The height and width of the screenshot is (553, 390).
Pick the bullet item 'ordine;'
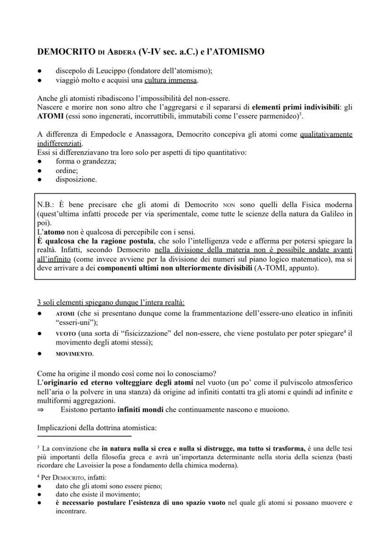coord(66,170)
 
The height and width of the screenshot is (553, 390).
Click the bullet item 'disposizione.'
coord(76,179)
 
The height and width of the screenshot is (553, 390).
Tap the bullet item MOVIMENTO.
coord(74,354)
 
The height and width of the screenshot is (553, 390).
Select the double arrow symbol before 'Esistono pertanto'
coord(41,410)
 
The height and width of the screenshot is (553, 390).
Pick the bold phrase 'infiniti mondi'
coord(140,410)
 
